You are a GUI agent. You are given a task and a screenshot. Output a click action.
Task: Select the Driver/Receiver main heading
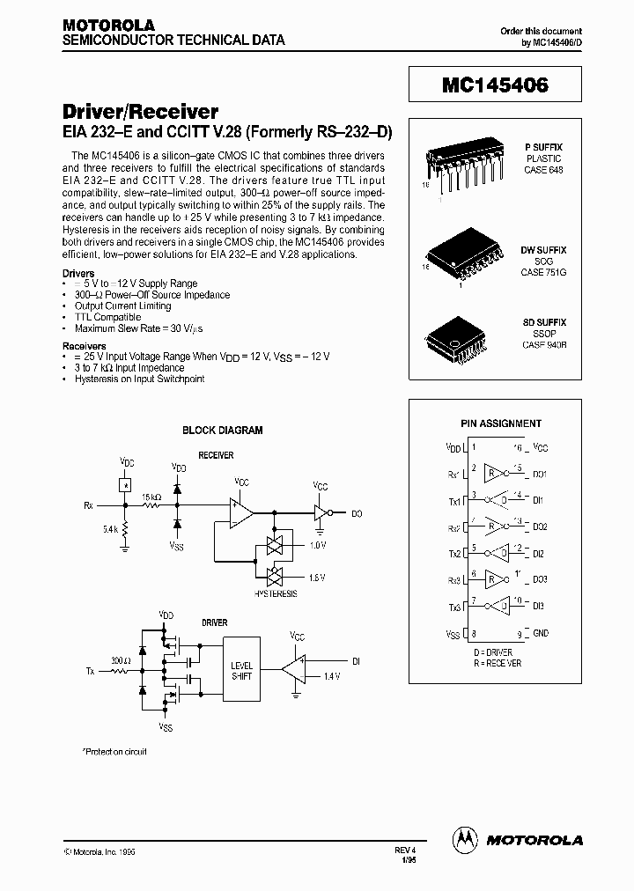(x=140, y=112)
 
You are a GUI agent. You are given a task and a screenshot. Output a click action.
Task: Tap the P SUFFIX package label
(x=543, y=147)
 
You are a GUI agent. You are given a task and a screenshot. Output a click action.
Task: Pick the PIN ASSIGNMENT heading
(x=501, y=423)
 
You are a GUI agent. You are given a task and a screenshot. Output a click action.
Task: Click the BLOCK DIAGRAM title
(x=222, y=431)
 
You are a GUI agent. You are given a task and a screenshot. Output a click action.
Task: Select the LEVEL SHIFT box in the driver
(x=240, y=671)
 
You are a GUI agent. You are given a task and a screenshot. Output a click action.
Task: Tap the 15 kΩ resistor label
(x=151, y=497)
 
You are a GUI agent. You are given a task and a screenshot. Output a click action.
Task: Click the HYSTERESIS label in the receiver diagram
(x=275, y=593)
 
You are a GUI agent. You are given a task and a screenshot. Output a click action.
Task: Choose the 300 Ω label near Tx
(x=120, y=659)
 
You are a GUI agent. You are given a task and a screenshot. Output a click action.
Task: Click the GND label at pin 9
(x=541, y=633)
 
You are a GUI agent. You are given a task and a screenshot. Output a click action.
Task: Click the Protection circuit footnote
(x=114, y=751)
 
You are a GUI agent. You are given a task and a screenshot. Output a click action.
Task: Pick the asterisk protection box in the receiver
(x=126, y=484)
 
